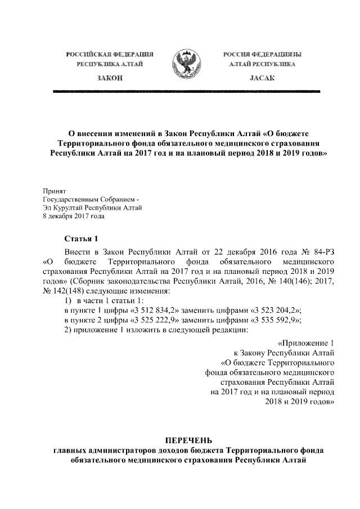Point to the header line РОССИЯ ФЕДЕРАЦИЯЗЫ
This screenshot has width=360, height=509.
pos(262,55)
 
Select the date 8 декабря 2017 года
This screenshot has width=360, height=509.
pos(74,215)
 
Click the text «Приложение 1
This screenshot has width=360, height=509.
pos(307,343)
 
